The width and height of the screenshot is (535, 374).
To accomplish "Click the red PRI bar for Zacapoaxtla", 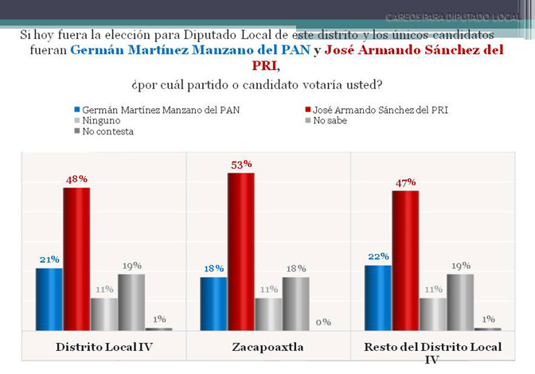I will coord(240,251).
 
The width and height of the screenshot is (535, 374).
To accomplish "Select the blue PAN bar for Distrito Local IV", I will coord(49,298).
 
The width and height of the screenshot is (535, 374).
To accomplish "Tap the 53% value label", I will coord(242,164).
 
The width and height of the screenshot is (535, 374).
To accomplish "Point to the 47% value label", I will coord(406,182).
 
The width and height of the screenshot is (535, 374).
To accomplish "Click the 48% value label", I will coord(76,179).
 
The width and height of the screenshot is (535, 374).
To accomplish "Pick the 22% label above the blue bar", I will coord(378,256).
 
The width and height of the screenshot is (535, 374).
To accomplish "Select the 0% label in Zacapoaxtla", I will coord(322,322).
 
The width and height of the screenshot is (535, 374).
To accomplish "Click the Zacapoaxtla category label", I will coord(267,347).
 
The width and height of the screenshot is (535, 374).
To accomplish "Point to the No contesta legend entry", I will coord(107,131).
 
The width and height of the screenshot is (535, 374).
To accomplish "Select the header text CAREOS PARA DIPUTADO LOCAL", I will coord(454,16).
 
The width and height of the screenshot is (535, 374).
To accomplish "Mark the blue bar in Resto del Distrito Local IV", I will coord(377,297).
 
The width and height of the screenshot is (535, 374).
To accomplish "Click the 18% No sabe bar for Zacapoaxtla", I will coord(295,303).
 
